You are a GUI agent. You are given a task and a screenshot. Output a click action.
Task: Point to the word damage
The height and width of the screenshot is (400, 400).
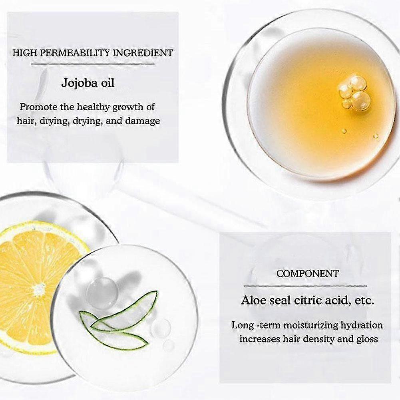143,121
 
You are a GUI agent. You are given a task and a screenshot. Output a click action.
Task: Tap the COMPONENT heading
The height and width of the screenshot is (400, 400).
307,274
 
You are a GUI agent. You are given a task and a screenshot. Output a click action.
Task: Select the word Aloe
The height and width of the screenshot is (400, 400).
253,300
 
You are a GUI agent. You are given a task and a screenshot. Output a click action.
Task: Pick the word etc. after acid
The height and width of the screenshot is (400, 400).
364,300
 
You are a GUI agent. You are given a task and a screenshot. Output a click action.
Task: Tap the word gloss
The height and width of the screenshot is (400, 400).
367,340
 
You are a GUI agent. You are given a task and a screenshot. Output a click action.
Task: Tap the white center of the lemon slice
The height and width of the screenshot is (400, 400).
39,289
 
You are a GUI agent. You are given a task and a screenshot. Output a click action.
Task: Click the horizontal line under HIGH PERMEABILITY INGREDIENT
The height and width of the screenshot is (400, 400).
93,64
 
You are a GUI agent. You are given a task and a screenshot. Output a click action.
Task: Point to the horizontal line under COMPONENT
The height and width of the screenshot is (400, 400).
305,286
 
